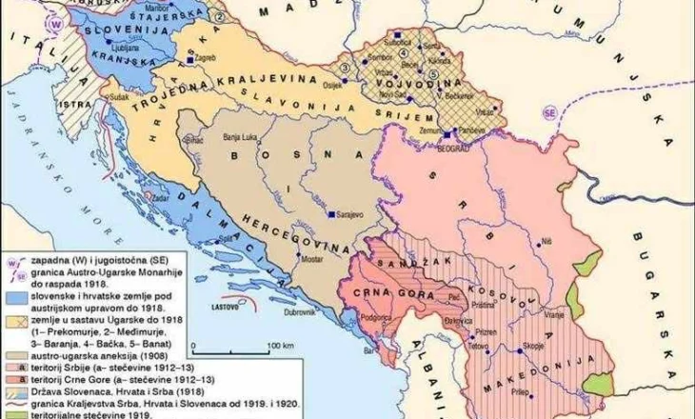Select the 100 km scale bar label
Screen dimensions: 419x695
280,345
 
